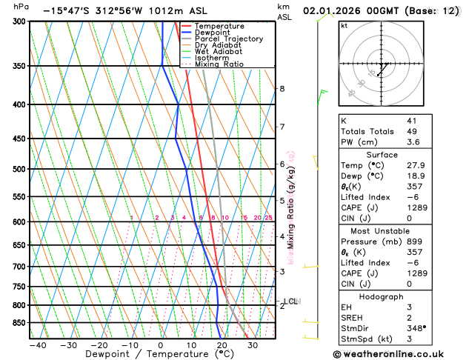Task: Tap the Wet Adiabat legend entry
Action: (220, 52)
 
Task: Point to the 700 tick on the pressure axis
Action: (18, 267)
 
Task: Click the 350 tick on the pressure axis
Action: (18, 66)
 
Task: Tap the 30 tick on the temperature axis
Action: (252, 346)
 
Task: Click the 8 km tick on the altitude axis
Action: (282, 89)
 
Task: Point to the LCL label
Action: (290, 301)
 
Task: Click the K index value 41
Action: (411, 120)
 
